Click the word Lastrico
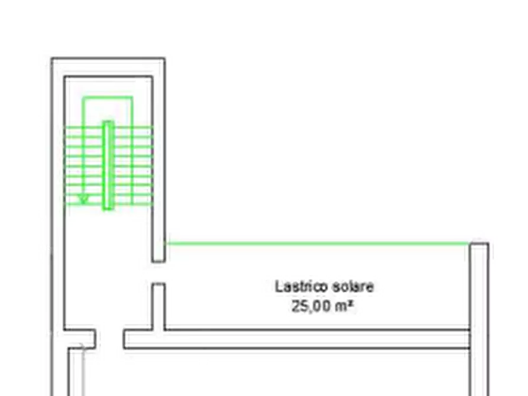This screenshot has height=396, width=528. click(302, 287)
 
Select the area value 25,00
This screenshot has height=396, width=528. click(311, 306)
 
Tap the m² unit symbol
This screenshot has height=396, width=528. click(345, 306)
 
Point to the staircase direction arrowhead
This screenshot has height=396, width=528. click(83, 199)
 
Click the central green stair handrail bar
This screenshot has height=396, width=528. click(108, 165)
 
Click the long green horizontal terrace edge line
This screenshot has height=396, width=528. click(317, 243)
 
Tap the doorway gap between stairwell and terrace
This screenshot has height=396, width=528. click(158, 272)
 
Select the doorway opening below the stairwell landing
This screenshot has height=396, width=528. click(109, 339)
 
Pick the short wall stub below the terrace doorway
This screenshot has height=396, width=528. click(158, 306)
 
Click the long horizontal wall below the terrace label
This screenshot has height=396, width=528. click(296, 339)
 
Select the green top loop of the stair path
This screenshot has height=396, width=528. click(108, 98)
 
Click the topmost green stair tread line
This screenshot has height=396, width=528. click(108, 126)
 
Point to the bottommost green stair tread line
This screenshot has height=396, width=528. click(108, 204)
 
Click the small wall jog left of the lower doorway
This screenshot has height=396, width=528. click(81, 339)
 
